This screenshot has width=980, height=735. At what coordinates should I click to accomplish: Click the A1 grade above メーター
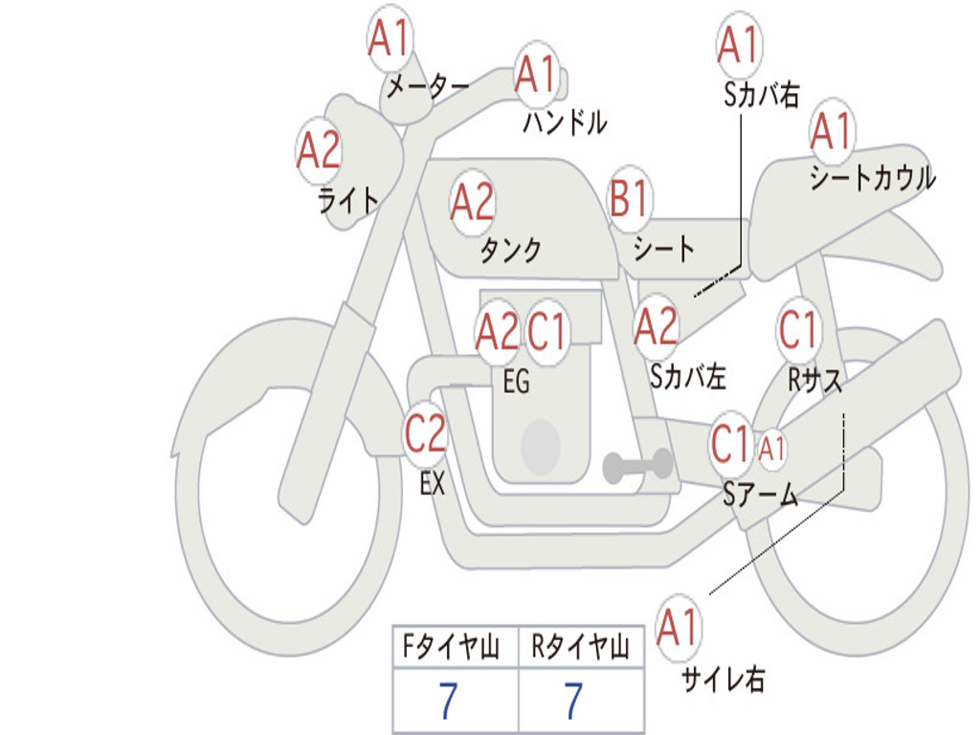coord(390,40)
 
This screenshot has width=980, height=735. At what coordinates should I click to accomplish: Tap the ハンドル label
coord(565,122)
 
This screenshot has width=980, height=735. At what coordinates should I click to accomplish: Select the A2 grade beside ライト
coord(319,150)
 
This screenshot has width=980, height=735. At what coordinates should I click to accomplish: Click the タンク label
coord(510,251)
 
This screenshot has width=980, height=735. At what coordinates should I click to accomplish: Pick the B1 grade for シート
coord(630,199)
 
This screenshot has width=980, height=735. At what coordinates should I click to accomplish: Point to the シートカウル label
coord(872,178)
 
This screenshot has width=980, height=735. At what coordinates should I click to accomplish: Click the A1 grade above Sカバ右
coord(738,44)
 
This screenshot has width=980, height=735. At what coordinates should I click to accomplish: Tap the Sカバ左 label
coord(688,377)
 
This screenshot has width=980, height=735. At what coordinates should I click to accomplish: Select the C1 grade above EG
coord(546,332)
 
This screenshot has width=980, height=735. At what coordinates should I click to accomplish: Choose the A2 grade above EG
coord(497,332)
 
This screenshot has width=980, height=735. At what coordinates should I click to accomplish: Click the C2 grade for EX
coord(425,434)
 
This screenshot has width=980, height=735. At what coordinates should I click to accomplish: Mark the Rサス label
coord(815,380)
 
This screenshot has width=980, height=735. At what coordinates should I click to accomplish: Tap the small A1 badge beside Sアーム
coord(772,446)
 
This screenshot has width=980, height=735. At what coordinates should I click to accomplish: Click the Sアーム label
coord(760,494)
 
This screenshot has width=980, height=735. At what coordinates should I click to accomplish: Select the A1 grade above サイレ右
coord(679,629)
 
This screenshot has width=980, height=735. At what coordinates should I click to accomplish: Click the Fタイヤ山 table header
coord(455,649)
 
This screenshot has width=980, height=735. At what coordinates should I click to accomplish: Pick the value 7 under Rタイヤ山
coord(572,702)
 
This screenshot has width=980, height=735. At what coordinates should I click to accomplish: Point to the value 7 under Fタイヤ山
coord(447,702)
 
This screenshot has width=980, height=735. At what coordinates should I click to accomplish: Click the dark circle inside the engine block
coord(540,445)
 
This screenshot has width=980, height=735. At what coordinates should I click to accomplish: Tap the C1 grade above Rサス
coord(798,331)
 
